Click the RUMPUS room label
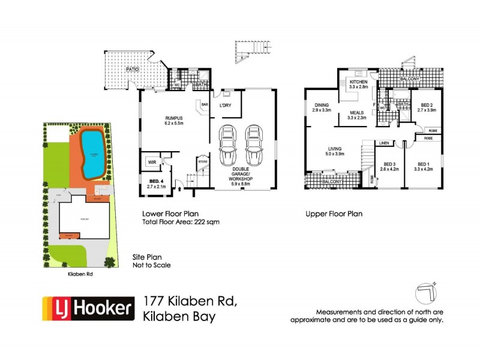tap(161, 118)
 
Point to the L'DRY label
tap(226, 106)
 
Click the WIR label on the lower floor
tap(152, 162)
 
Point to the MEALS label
tap(356, 112)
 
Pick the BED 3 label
tap(389, 164)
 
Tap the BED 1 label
tap(423, 164)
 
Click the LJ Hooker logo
tap(87, 309)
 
